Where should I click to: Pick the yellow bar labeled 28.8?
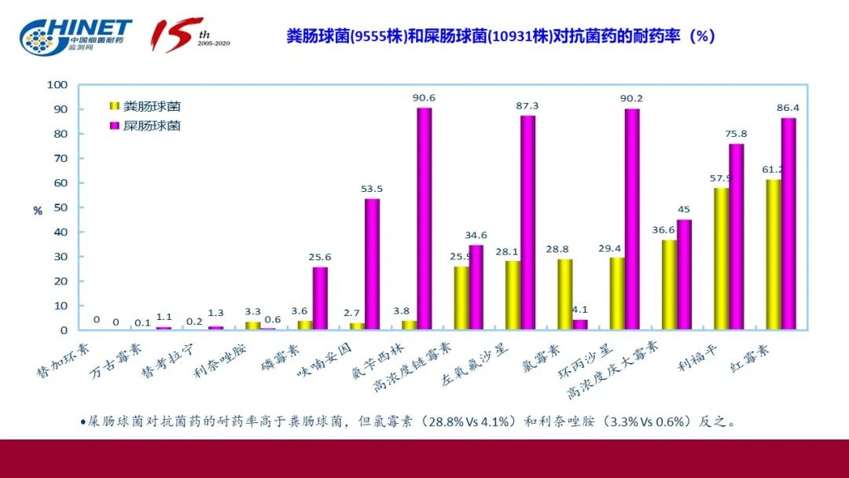tap(564, 294)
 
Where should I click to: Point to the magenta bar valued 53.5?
tap(372, 264)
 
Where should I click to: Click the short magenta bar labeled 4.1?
tap(580, 325)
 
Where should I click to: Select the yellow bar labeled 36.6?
tap(669, 285)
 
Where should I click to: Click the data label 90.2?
tap(631, 98)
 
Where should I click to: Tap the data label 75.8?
tap(736, 134)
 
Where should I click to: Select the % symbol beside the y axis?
tap(38, 211)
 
